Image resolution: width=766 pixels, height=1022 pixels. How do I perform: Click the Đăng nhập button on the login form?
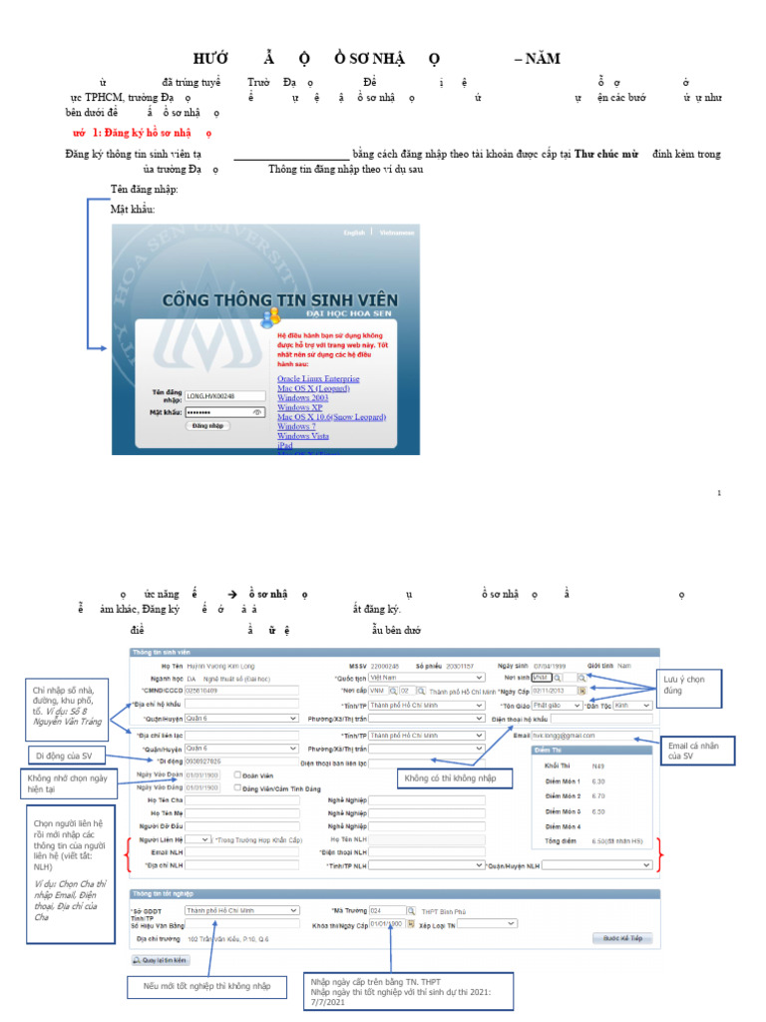pos(207,425)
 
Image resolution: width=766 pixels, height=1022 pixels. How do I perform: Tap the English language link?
pos(354,233)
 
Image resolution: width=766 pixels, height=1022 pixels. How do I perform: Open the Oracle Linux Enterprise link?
pos(318,379)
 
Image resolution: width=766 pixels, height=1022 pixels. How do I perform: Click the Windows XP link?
pos(299,407)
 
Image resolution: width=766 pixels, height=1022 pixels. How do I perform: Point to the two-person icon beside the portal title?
pos(270,317)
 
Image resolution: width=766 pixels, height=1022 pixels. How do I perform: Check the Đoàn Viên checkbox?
pos(236,774)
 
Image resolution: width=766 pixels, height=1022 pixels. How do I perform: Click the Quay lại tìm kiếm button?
pos(160,960)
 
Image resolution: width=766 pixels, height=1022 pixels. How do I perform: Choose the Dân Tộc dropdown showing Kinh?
pos(632,704)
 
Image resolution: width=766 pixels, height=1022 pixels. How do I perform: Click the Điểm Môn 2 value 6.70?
pos(598,795)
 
